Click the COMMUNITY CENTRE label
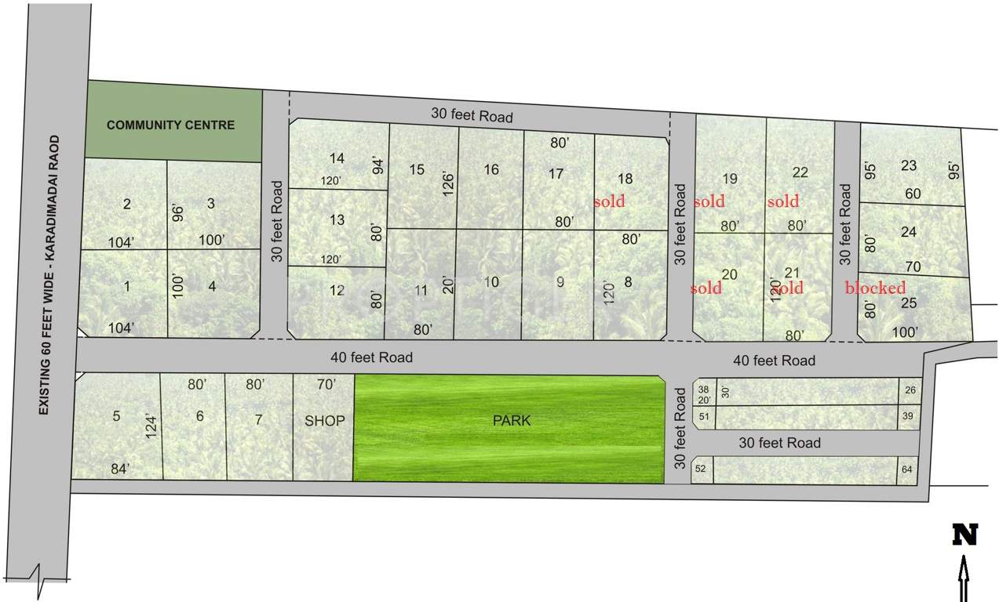coord(170,125)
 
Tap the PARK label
coord(512,421)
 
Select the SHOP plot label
coord(324,421)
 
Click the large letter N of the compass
coord(964,535)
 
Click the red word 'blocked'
coord(875,288)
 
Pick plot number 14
coord(337,158)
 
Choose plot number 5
coord(116,416)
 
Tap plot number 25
coord(909,303)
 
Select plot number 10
coord(491,282)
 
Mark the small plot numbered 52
coord(701,469)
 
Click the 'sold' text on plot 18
coord(609,201)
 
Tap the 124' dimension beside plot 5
coord(151,424)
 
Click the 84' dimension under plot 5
coord(120,469)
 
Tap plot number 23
coord(909,165)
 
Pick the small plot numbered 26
coord(910,390)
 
